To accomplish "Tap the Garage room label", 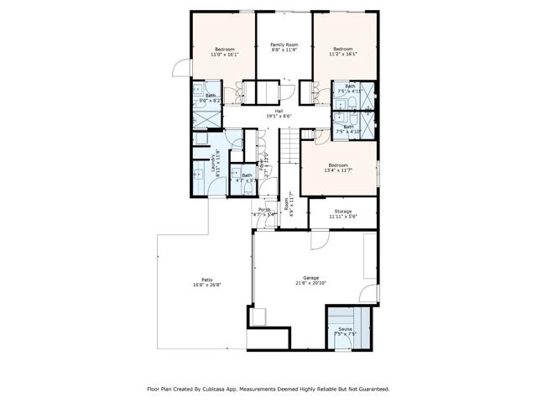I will (x=311, y=278).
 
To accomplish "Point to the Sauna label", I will (x=345, y=328).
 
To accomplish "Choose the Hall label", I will (x=279, y=110).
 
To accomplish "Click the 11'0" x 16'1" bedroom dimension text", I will (x=225, y=55).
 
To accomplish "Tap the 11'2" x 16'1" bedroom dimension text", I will (x=343, y=55).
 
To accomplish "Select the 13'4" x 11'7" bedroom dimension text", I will (x=338, y=170).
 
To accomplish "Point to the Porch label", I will (x=264, y=209).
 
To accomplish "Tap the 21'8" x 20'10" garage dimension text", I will (x=311, y=284).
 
